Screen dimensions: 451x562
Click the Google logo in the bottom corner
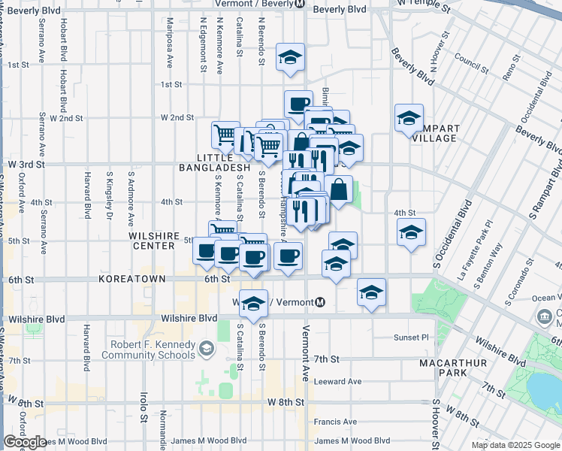coord(25,442)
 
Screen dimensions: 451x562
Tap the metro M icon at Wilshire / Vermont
coord(320,302)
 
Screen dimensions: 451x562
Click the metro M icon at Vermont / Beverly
coord(298,4)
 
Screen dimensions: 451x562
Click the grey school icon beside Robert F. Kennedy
coord(205,348)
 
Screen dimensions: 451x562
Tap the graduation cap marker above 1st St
coord(289,59)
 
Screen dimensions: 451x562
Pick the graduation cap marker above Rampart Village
coord(409,118)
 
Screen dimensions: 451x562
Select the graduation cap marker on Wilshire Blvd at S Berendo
coord(254,303)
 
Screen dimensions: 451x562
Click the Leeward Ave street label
coord(339,381)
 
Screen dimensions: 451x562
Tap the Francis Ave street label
coord(335,422)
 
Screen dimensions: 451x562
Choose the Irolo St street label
coord(142,406)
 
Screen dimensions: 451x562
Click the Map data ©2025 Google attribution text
coord(515,445)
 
